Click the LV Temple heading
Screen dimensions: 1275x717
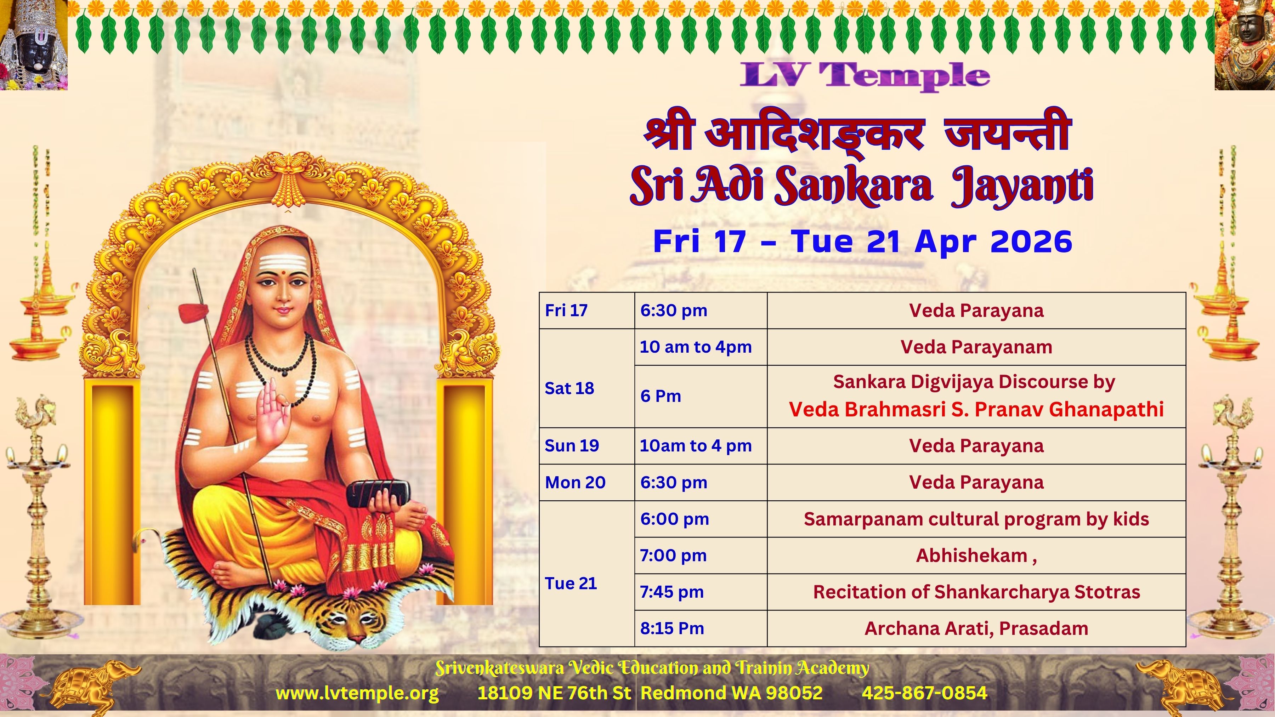865,76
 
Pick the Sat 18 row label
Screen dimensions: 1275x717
569,388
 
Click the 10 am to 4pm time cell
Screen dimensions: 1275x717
696,347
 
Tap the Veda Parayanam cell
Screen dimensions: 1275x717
976,347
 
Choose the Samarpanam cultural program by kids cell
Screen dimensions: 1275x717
976,519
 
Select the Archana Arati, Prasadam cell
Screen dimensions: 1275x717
976,628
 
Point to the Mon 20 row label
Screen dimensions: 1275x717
575,483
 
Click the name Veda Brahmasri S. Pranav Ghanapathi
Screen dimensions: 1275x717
976,410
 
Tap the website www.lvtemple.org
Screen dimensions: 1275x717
357,693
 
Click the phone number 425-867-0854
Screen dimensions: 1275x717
925,693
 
